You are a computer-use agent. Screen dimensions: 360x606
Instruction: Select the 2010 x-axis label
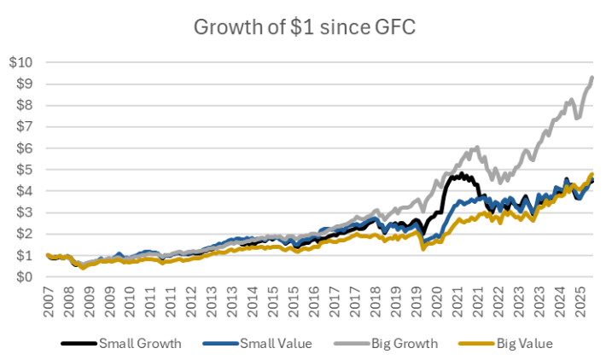129,303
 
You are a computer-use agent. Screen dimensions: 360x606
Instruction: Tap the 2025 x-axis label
582,303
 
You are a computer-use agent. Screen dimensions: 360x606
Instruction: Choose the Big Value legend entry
523,343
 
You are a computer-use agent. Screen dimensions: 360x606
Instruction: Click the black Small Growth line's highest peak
462,174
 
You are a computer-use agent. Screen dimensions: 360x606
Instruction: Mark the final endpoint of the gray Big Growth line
592,78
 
